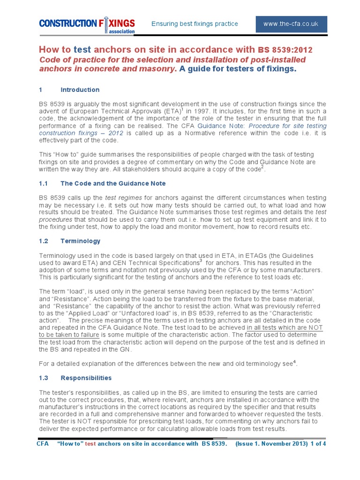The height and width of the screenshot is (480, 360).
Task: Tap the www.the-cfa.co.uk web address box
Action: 291,23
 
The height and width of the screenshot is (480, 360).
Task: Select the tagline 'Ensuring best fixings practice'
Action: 195,23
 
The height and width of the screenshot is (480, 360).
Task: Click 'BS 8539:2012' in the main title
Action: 285,50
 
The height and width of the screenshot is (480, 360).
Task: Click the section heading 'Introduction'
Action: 80,90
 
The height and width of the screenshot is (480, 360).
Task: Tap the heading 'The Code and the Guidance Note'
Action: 113,183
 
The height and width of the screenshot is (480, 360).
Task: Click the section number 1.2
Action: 44,241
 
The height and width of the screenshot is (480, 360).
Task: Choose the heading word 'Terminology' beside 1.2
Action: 80,241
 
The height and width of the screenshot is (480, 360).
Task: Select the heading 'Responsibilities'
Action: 86,377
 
